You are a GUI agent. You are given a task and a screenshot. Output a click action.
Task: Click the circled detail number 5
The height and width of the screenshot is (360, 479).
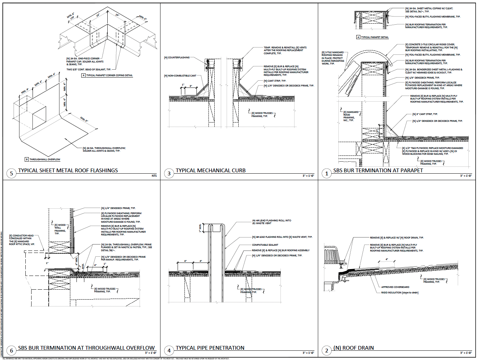[11, 173]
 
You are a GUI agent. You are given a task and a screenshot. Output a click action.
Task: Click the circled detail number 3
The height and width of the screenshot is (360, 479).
[169, 173]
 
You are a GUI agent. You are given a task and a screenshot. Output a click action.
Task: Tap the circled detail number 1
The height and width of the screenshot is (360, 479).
[326, 173]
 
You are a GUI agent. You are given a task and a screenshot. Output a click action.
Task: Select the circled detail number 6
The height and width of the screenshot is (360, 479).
[11, 350]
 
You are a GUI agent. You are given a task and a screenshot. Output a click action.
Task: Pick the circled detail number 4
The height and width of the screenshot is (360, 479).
[169, 350]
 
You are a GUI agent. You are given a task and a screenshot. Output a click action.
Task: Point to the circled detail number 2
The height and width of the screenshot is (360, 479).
[326, 350]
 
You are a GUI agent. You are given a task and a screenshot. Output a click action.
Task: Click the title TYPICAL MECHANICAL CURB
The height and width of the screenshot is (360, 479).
[211, 171]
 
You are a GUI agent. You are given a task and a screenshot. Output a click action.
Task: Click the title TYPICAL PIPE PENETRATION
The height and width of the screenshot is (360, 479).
[210, 348]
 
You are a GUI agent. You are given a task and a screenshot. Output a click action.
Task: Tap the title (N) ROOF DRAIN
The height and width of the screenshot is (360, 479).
[354, 348]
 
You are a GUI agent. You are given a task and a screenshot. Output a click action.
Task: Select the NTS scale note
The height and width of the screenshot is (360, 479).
[154, 176]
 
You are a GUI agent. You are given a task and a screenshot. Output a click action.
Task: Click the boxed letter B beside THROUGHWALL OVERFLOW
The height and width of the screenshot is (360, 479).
[27, 159]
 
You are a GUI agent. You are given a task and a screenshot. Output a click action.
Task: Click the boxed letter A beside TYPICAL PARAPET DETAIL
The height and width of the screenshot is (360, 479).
[358, 37]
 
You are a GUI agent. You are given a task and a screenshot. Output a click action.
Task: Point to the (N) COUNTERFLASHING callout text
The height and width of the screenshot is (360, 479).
[177, 58]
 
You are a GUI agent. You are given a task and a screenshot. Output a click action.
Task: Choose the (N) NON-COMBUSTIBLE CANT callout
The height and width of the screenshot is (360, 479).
[180, 76]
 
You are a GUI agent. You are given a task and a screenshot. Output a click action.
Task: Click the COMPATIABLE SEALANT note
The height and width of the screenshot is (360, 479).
[265, 245]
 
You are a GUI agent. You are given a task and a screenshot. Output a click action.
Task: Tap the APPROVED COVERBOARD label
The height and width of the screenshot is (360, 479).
[395, 287]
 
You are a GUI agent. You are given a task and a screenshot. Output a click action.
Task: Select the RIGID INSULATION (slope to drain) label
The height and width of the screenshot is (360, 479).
[399, 293]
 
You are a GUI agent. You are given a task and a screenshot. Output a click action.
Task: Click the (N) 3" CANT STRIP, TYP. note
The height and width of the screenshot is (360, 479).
[425, 114]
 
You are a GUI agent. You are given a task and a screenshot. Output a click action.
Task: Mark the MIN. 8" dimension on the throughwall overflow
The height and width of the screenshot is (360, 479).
[84, 119]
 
